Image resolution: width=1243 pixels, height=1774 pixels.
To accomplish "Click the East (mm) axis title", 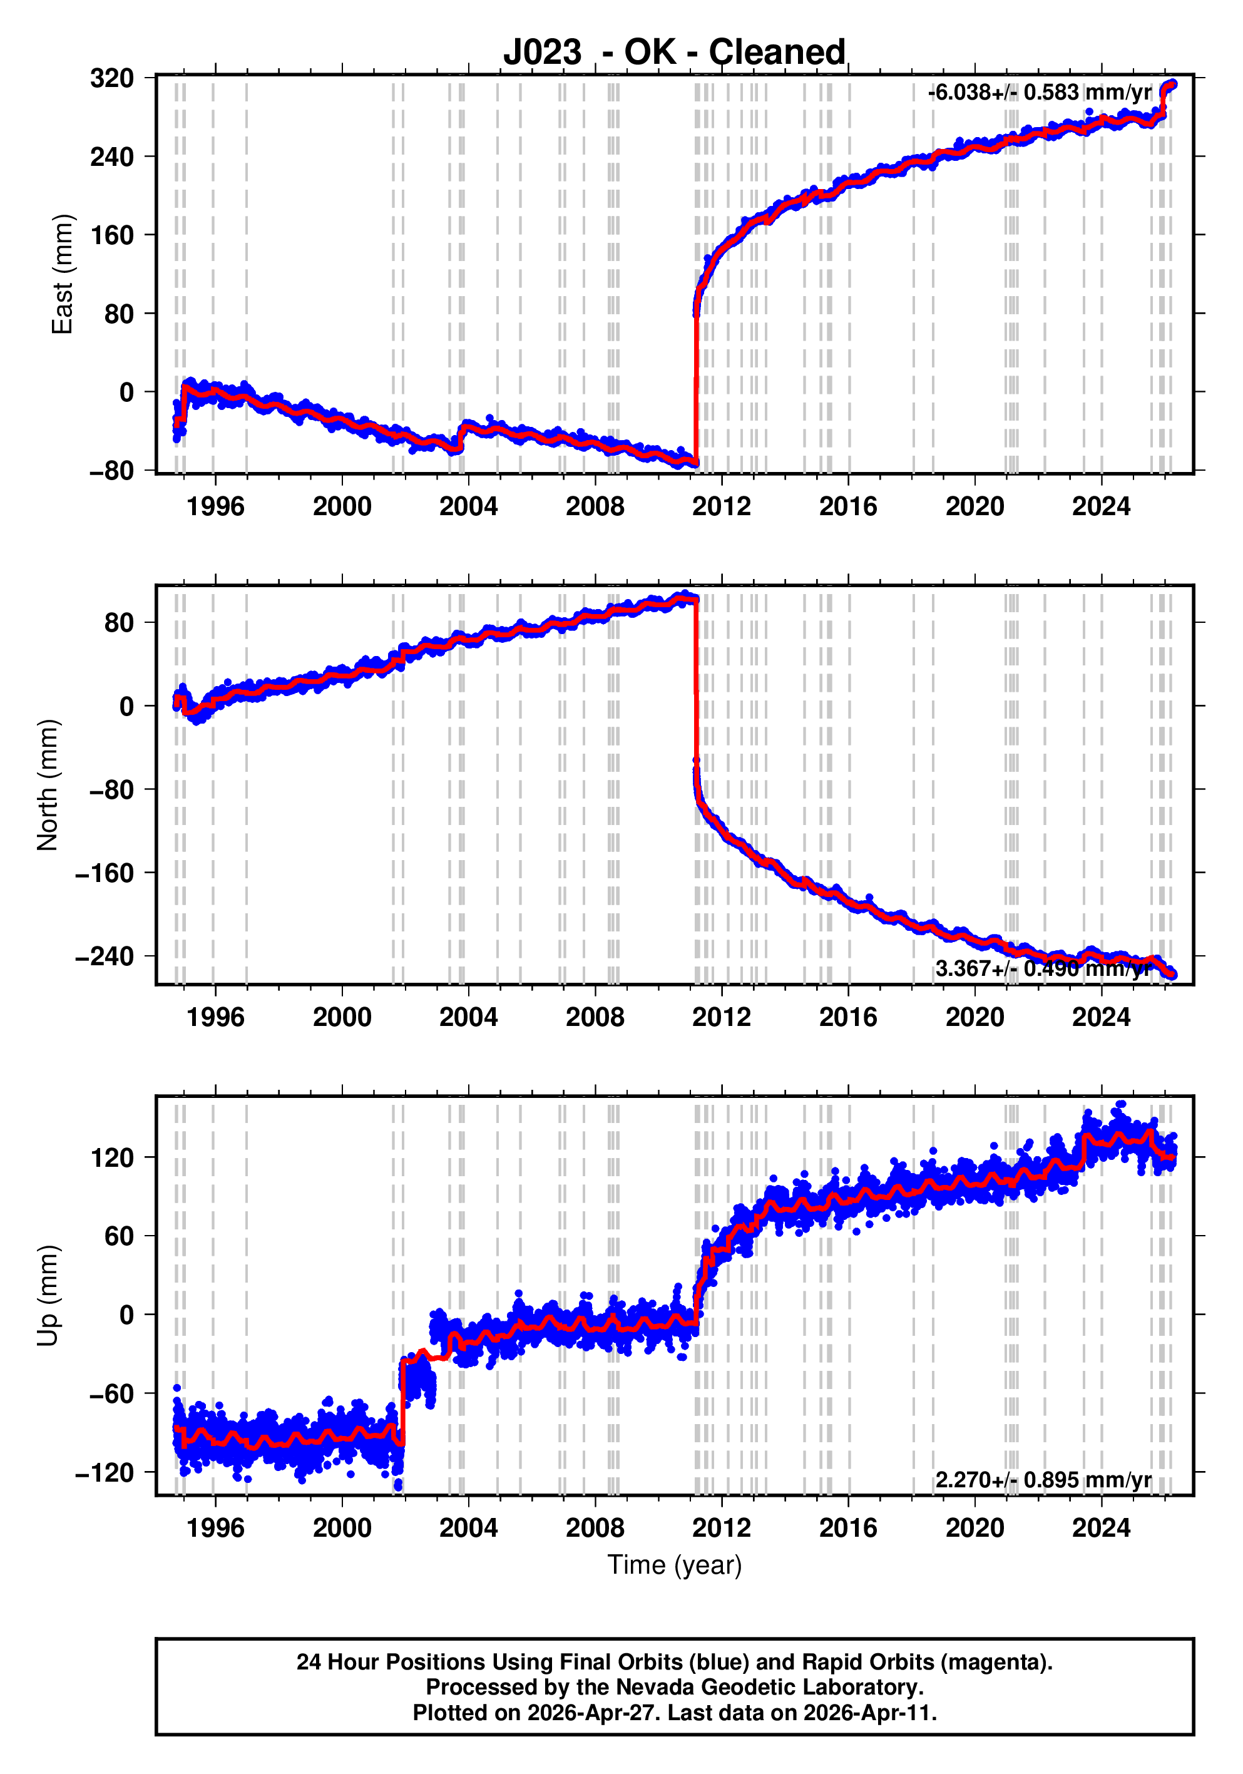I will [x=62, y=274].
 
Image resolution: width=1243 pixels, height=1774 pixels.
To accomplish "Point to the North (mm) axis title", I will [x=48, y=785].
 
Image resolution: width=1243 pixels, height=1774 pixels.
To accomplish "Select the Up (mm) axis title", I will [x=48, y=1296].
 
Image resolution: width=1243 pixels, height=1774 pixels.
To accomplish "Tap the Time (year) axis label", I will [x=675, y=1564].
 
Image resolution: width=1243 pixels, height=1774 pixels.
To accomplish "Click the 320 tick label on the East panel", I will [x=112, y=78].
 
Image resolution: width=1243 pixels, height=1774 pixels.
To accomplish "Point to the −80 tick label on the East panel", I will [x=112, y=471].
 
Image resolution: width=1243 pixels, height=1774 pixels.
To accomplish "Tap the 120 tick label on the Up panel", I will [x=112, y=1157].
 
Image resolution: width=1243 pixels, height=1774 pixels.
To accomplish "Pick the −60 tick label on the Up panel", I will [x=112, y=1393].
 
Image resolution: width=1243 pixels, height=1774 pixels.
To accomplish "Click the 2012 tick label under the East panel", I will [x=722, y=507].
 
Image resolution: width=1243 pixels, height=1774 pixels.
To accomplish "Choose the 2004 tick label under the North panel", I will [x=468, y=1018].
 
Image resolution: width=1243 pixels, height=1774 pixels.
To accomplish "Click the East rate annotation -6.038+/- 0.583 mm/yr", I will [x=1040, y=93].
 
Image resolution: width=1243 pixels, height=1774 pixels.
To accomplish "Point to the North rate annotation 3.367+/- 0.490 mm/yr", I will [x=1044, y=969].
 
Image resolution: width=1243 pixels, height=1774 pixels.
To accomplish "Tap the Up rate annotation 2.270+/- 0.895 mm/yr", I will [x=1044, y=1480].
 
